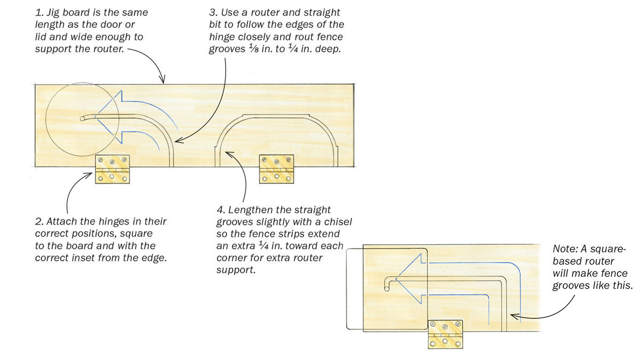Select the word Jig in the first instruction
[54, 12]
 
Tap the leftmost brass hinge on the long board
[112, 170]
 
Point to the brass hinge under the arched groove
[276, 169]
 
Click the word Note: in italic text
[566, 250]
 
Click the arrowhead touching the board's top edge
[162, 81]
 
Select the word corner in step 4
[230, 258]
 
